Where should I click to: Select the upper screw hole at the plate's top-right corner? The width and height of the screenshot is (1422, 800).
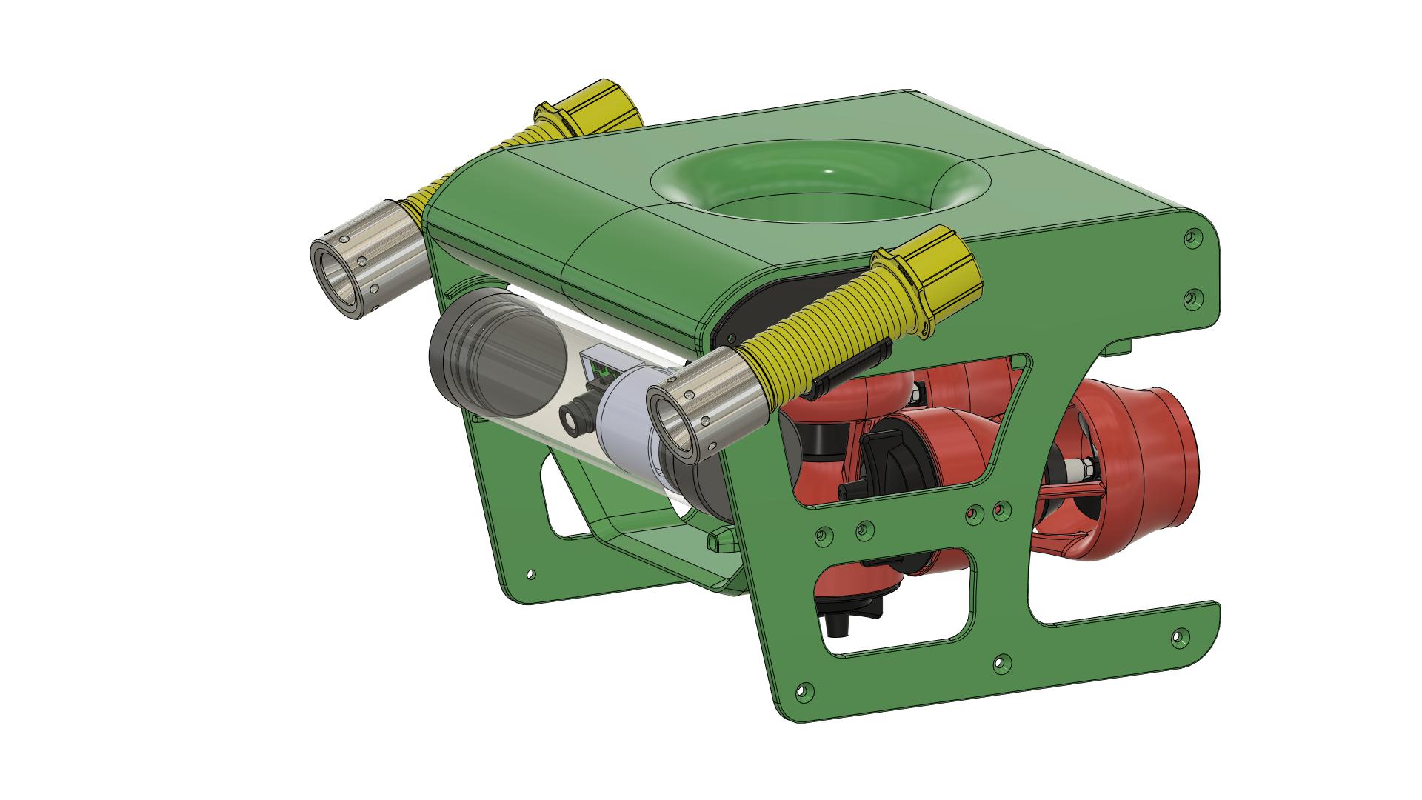pyautogui.click(x=1192, y=239)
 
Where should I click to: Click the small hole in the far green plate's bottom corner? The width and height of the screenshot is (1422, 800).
pyautogui.click(x=530, y=573)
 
